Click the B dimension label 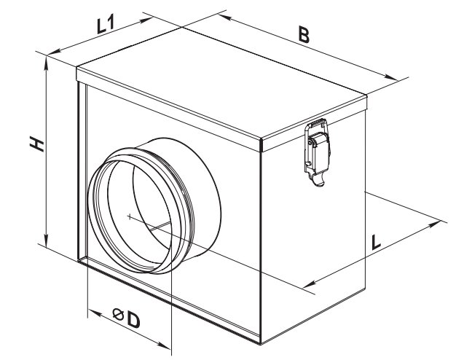(304, 34)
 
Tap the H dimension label (37, 144)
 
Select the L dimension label (376, 243)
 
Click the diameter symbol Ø (118, 315)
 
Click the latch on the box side (317, 152)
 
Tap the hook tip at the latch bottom (320, 183)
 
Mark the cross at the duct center (129, 216)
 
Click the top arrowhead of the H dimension (47, 62)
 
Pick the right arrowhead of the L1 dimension (146, 20)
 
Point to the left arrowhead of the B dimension (224, 17)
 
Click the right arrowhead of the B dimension (391, 77)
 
